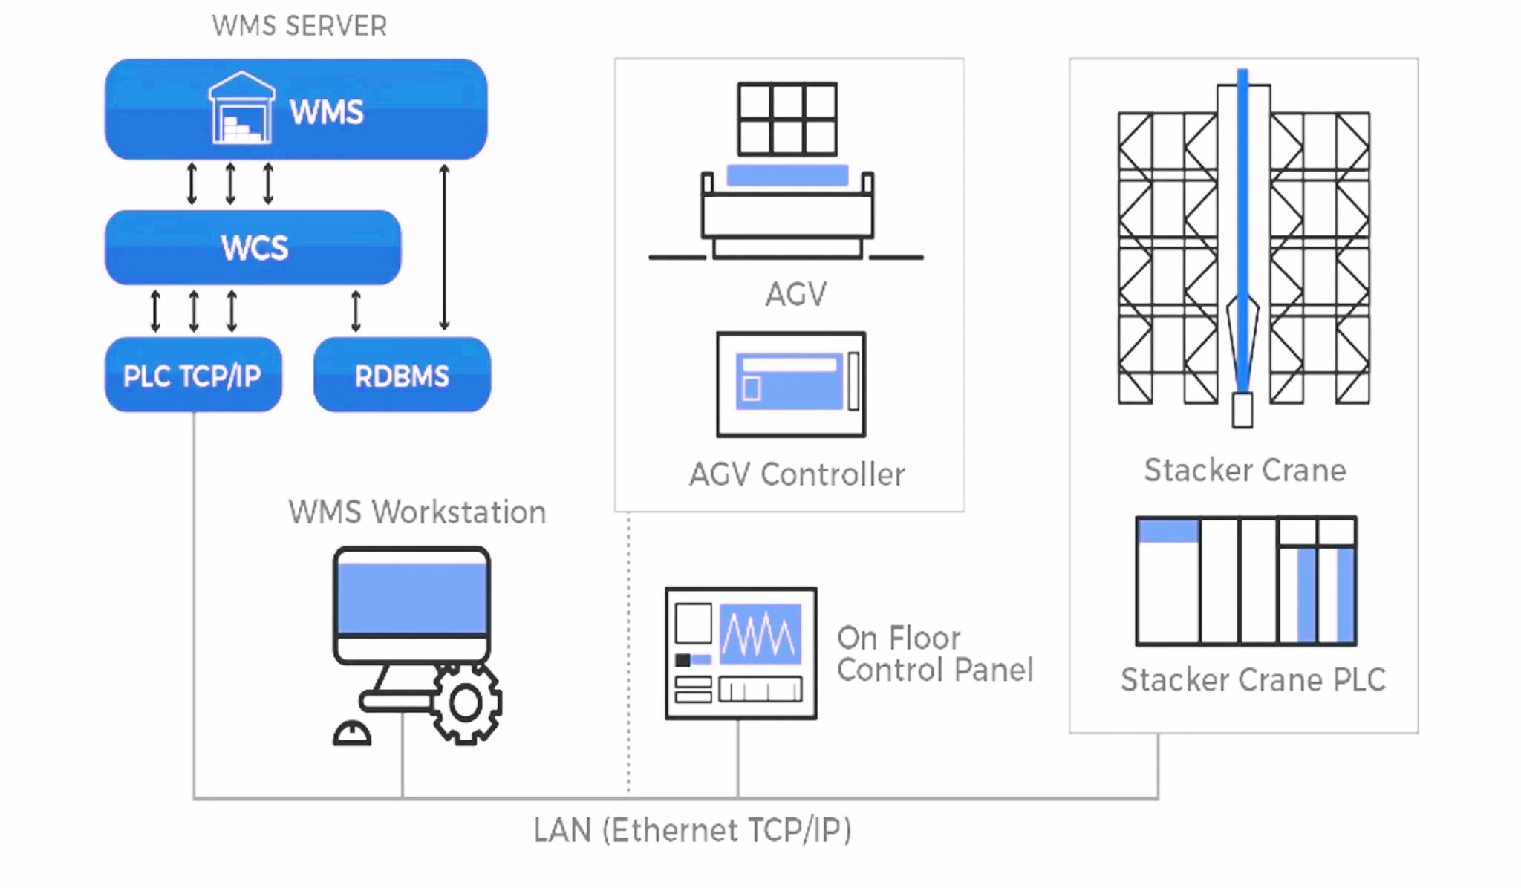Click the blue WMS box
click(296, 109)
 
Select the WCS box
click(253, 247)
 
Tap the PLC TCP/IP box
click(193, 375)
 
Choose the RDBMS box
click(402, 375)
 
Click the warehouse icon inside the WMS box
click(241, 108)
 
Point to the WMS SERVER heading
click(299, 26)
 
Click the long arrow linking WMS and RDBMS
click(444, 247)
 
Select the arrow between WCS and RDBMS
click(356, 311)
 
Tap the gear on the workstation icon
click(466, 703)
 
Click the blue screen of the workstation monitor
click(411, 598)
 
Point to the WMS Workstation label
click(417, 512)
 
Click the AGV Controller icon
click(791, 385)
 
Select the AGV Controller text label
click(797, 474)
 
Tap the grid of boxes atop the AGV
click(787, 119)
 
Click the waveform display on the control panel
click(760, 634)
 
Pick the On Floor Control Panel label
click(934, 654)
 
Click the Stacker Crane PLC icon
click(1246, 581)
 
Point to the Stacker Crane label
click(1245, 470)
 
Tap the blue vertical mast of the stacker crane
click(1242, 230)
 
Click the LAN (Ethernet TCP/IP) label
click(692, 830)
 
